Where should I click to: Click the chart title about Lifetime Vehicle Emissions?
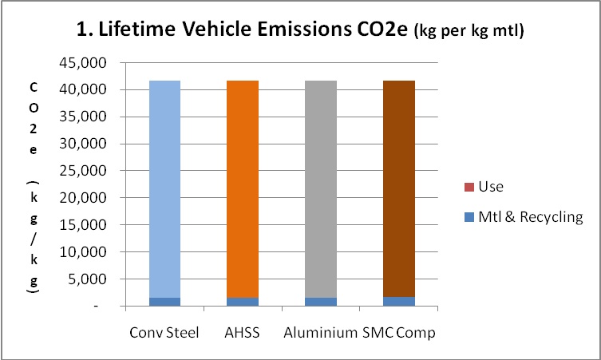click(x=300, y=33)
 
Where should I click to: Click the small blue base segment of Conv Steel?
click(x=159, y=302)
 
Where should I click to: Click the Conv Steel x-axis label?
click(x=164, y=332)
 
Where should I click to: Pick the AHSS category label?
click(x=241, y=332)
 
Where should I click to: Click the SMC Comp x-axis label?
click(x=400, y=332)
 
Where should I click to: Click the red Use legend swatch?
click(x=469, y=188)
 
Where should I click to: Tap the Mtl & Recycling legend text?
click(x=531, y=216)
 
